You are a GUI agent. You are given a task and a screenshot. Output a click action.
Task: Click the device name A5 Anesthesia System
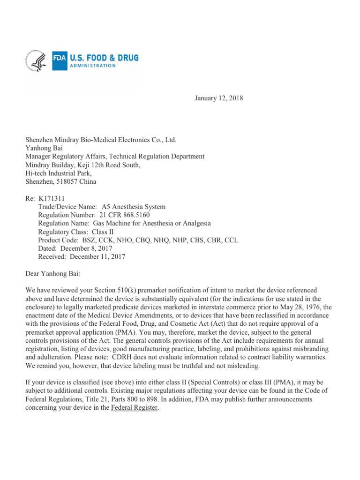coord(133,207)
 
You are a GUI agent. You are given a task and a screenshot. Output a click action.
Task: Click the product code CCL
coord(231,240)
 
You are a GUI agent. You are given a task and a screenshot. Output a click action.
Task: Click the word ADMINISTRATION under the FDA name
coord(92,66)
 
